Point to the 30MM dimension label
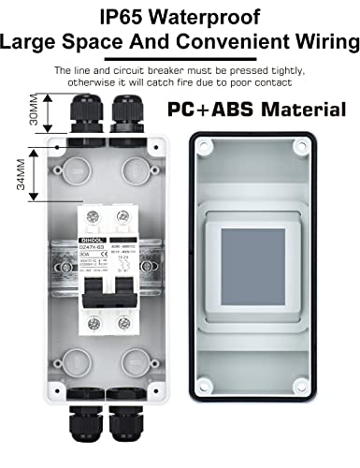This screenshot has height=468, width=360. click(x=33, y=111)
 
